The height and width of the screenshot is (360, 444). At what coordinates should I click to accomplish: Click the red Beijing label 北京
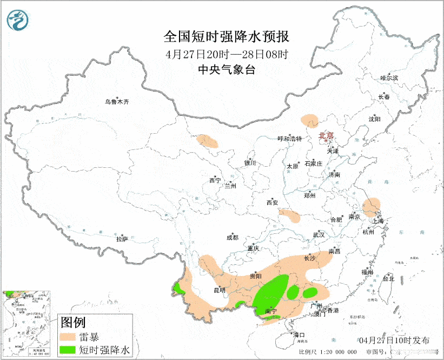[x=326, y=136]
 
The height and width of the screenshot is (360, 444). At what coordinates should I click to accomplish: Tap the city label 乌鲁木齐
[x=117, y=102]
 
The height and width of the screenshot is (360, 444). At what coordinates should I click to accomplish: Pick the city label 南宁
[x=270, y=311]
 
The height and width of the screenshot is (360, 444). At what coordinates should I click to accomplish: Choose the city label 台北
[x=388, y=279]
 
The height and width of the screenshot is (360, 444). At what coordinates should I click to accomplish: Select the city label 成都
[x=232, y=237]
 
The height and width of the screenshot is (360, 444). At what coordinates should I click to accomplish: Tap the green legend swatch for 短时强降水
[x=68, y=350]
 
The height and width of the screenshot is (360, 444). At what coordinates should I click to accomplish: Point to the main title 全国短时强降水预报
[x=227, y=37]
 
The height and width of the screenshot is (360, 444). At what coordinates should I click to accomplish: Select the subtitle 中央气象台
[x=226, y=69]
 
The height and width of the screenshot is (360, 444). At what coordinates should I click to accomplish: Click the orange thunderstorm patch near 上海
[x=371, y=207]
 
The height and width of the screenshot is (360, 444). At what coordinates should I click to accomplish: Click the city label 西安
[x=272, y=202]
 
